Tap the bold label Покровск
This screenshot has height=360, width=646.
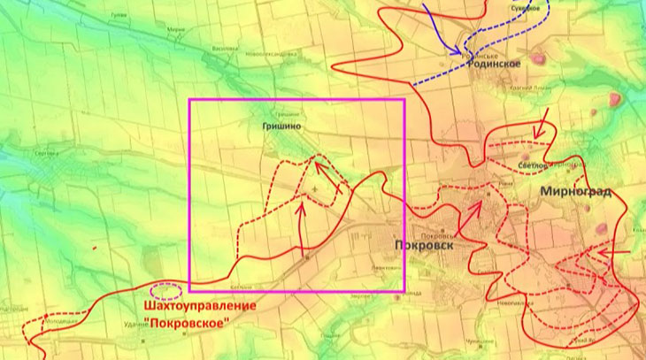coord(425,245)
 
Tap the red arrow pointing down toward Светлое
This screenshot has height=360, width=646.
coord(542,125)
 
